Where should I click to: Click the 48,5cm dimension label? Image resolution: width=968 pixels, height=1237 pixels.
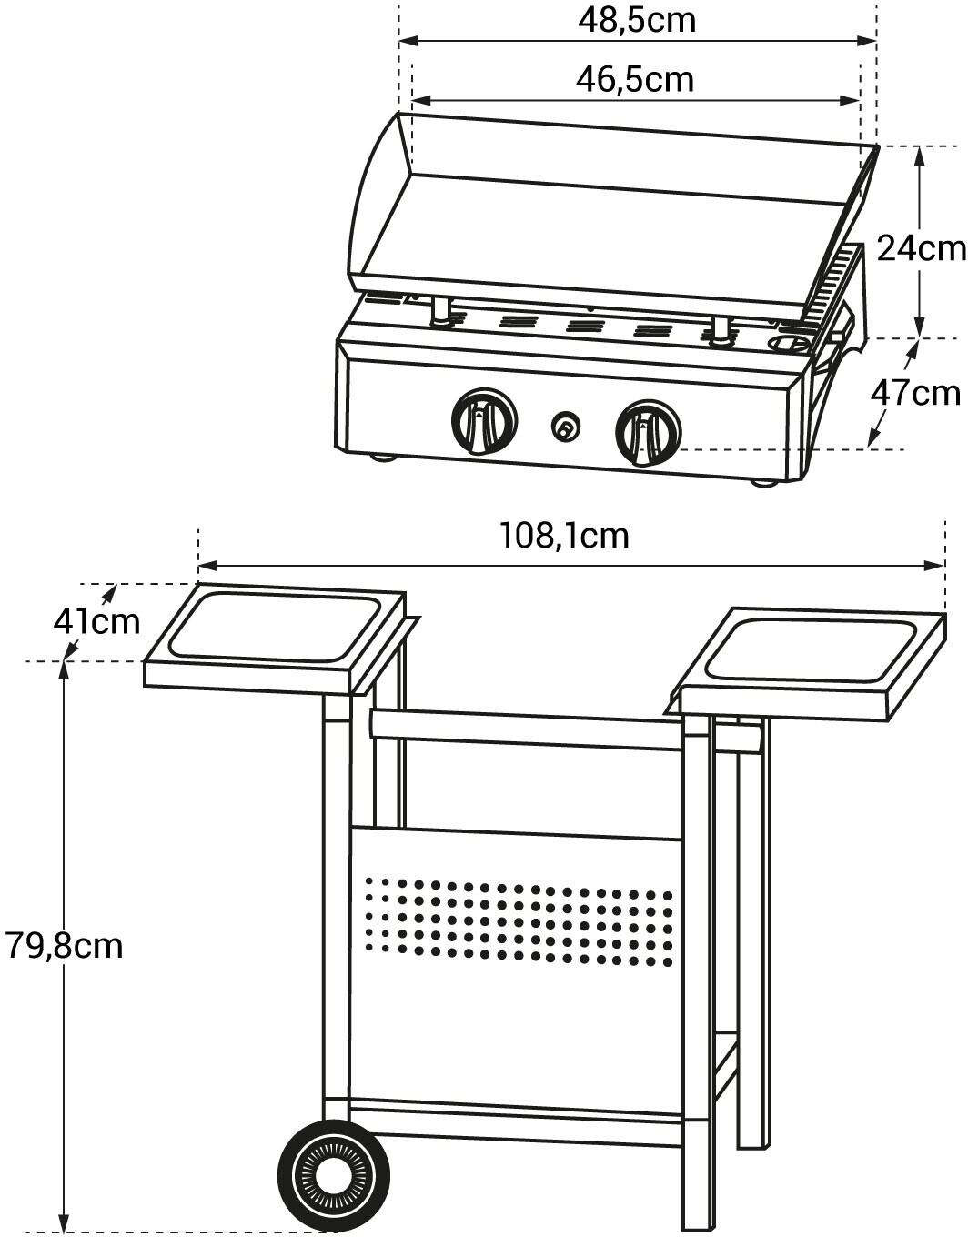point(636,19)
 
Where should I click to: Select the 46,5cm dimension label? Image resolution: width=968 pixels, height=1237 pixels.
point(634,79)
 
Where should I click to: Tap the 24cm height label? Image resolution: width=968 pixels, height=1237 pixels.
point(921,247)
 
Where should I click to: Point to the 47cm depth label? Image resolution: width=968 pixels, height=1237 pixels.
point(915,392)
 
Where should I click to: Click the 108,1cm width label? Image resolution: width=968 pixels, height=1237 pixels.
point(564,535)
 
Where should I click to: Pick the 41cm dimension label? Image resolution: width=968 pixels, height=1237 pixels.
point(96,621)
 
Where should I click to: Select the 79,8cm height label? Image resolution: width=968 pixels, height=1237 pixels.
point(64,945)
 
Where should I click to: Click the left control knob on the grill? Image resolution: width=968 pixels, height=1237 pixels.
point(484,421)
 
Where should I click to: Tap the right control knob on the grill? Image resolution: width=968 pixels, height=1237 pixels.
point(648,432)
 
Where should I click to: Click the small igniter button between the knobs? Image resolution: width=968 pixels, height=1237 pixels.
point(566,426)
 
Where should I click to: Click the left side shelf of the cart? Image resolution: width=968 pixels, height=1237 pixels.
point(273,637)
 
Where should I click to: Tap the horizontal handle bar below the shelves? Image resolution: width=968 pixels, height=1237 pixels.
point(528,729)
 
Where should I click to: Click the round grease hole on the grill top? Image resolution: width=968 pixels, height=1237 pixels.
point(788,344)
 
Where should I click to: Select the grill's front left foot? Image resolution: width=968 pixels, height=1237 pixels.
point(384,457)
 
